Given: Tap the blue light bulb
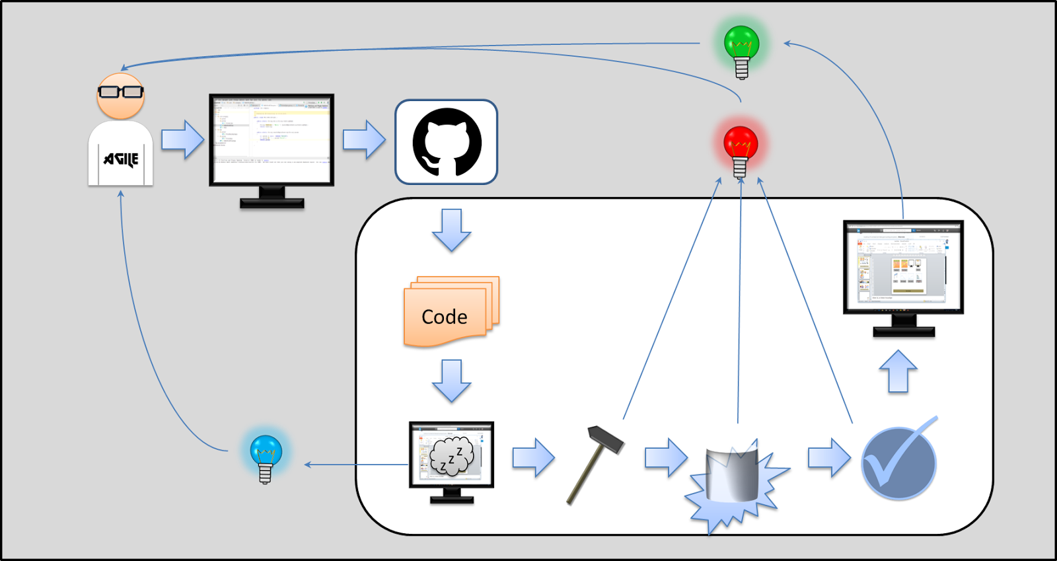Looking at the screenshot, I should (x=266, y=455).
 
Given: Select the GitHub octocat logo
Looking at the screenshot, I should (x=447, y=142).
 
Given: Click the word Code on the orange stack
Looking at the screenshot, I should (x=445, y=317).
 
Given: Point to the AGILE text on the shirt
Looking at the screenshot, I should (x=121, y=159).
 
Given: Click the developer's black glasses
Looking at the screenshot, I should (x=120, y=91).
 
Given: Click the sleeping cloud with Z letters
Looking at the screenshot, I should (x=452, y=456).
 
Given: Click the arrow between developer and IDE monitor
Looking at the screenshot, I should (x=182, y=139).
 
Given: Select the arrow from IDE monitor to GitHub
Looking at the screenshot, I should (x=364, y=139).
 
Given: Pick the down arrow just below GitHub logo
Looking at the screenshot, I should (x=452, y=229).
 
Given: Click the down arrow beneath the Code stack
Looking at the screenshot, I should (x=452, y=381).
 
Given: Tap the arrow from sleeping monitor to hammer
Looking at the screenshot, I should (x=532, y=457).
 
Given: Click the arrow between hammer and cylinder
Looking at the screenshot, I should (x=666, y=457).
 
